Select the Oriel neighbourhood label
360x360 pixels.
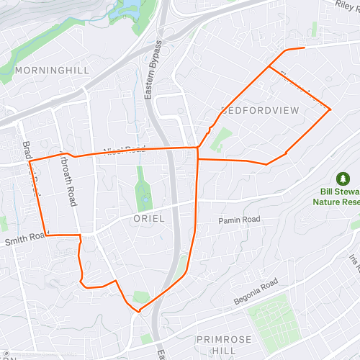[x=148, y=218]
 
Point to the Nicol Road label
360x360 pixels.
[x=124, y=150]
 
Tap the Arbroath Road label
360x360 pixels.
[x=69, y=180]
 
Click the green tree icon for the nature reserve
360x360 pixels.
[x=343, y=178]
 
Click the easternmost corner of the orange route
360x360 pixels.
[x=330, y=109]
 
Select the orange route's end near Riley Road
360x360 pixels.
[x=305, y=48]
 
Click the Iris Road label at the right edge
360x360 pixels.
[x=354, y=263]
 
